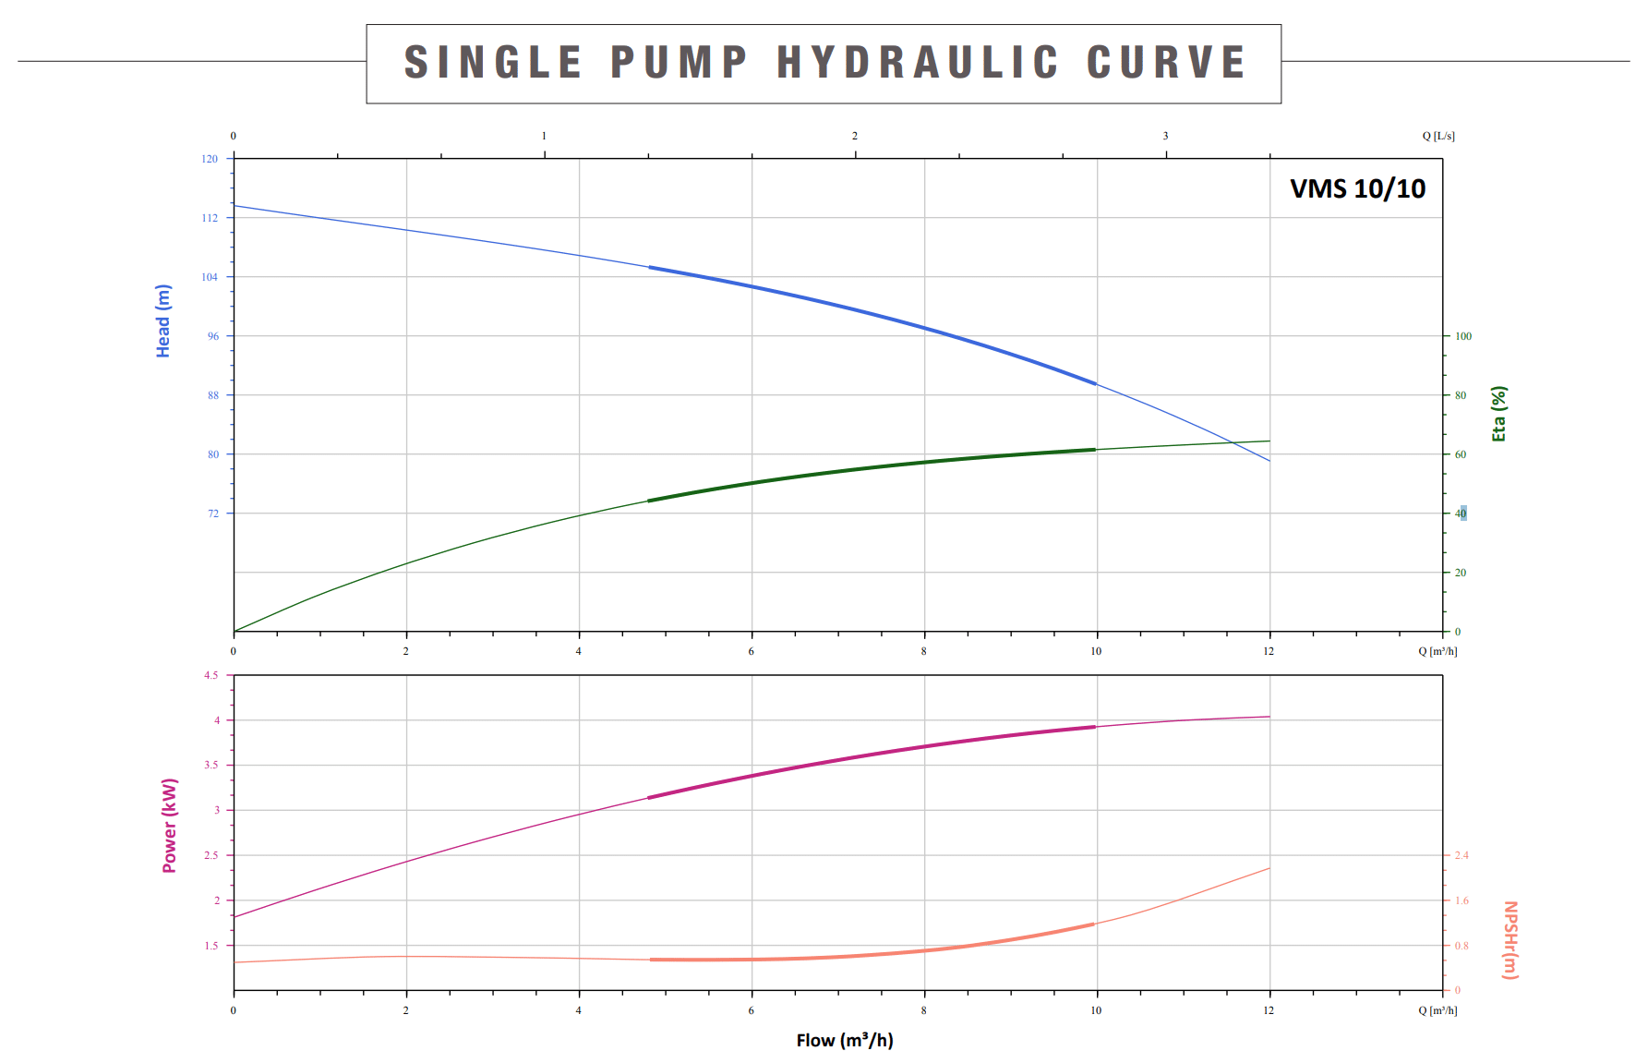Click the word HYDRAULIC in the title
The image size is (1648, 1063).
[917, 63]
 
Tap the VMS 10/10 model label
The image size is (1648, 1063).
[1357, 188]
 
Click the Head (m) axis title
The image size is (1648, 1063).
[163, 320]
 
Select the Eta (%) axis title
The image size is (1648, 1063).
[1498, 414]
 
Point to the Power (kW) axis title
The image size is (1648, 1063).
[170, 826]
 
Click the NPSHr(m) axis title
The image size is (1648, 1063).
[1510, 939]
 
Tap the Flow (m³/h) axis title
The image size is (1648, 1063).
[845, 1041]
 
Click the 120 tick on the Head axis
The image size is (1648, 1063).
[211, 159]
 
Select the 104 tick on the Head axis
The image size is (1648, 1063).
[211, 277]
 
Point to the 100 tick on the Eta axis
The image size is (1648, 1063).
[1463, 336]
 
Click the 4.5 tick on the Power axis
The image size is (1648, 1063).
[211, 675]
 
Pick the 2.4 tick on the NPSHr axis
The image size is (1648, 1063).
[1462, 855]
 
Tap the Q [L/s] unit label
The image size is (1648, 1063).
[1438, 136]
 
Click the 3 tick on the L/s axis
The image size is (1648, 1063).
[1165, 136]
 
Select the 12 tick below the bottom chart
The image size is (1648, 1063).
[1269, 1010]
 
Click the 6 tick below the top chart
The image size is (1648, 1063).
[752, 651]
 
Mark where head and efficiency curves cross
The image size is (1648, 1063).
[1233, 443]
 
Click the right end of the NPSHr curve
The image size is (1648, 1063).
[1269, 868]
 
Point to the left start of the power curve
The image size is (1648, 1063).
[235, 916]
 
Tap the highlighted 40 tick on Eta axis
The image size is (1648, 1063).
[1461, 513]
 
